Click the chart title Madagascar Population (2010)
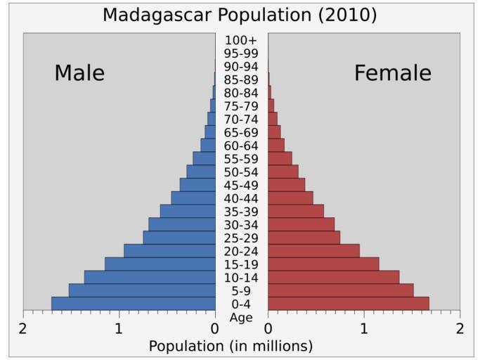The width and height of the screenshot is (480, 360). coord(240,15)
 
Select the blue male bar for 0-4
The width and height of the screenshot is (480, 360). coord(134,303)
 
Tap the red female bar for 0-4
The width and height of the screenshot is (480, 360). coord(348,303)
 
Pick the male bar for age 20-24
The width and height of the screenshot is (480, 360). coord(169,250)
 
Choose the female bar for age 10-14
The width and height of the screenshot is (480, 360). coord(333,277)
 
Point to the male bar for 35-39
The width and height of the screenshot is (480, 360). coord(188,211)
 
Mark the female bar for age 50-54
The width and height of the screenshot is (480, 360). coord(283,172)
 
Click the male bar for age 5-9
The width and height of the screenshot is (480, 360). coord(142,290)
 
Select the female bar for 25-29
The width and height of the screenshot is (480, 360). coord(304,238)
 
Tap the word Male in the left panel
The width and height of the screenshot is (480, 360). coord(79,73)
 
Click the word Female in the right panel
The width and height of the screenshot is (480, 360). coord(392,73)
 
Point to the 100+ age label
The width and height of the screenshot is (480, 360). coord(241,40)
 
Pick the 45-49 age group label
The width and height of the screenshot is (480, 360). coord(241,185)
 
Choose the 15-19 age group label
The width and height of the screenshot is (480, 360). coord(241,264)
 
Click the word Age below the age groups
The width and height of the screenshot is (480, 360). coord(241,317)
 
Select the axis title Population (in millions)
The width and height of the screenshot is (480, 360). coord(231,346)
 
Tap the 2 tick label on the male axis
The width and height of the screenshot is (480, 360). coord(23,329)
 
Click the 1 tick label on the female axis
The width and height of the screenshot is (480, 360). coord(364,329)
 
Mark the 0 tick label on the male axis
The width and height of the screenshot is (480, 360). coord(215,329)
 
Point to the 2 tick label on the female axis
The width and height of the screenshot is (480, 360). coord(460,329)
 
